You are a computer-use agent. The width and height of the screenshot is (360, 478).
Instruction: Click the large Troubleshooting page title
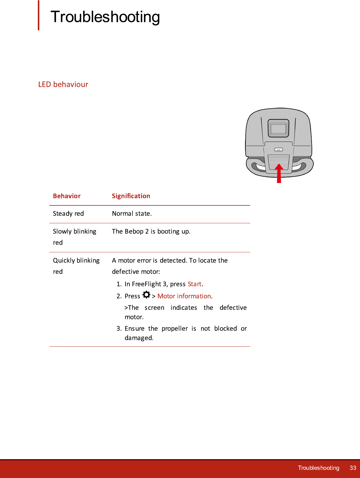105,17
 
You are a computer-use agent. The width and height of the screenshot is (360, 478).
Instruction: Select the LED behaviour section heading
63,84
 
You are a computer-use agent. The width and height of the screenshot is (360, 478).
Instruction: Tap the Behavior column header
67,196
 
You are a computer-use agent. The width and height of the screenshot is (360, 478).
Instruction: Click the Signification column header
131,196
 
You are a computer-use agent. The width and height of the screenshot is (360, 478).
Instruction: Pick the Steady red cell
68,214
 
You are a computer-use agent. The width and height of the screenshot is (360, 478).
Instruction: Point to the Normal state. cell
132,214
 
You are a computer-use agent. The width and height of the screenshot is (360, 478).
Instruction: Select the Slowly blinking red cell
74,237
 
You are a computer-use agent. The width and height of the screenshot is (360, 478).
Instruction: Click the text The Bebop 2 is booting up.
151,231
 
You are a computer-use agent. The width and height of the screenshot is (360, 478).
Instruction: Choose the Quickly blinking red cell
76,266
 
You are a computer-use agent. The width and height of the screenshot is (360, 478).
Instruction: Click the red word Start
195,284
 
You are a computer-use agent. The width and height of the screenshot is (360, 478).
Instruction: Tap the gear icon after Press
146,295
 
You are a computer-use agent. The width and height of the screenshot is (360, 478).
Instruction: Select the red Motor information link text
184,296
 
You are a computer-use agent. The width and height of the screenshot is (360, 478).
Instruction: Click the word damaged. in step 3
139,338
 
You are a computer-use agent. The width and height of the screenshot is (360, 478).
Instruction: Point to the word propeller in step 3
175,329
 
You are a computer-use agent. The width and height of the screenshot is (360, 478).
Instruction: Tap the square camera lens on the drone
279,128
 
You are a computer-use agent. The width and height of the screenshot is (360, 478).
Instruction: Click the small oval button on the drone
278,149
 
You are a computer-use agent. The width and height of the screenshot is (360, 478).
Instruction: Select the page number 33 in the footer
353,468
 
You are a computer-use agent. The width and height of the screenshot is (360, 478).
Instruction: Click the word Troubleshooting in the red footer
318,468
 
